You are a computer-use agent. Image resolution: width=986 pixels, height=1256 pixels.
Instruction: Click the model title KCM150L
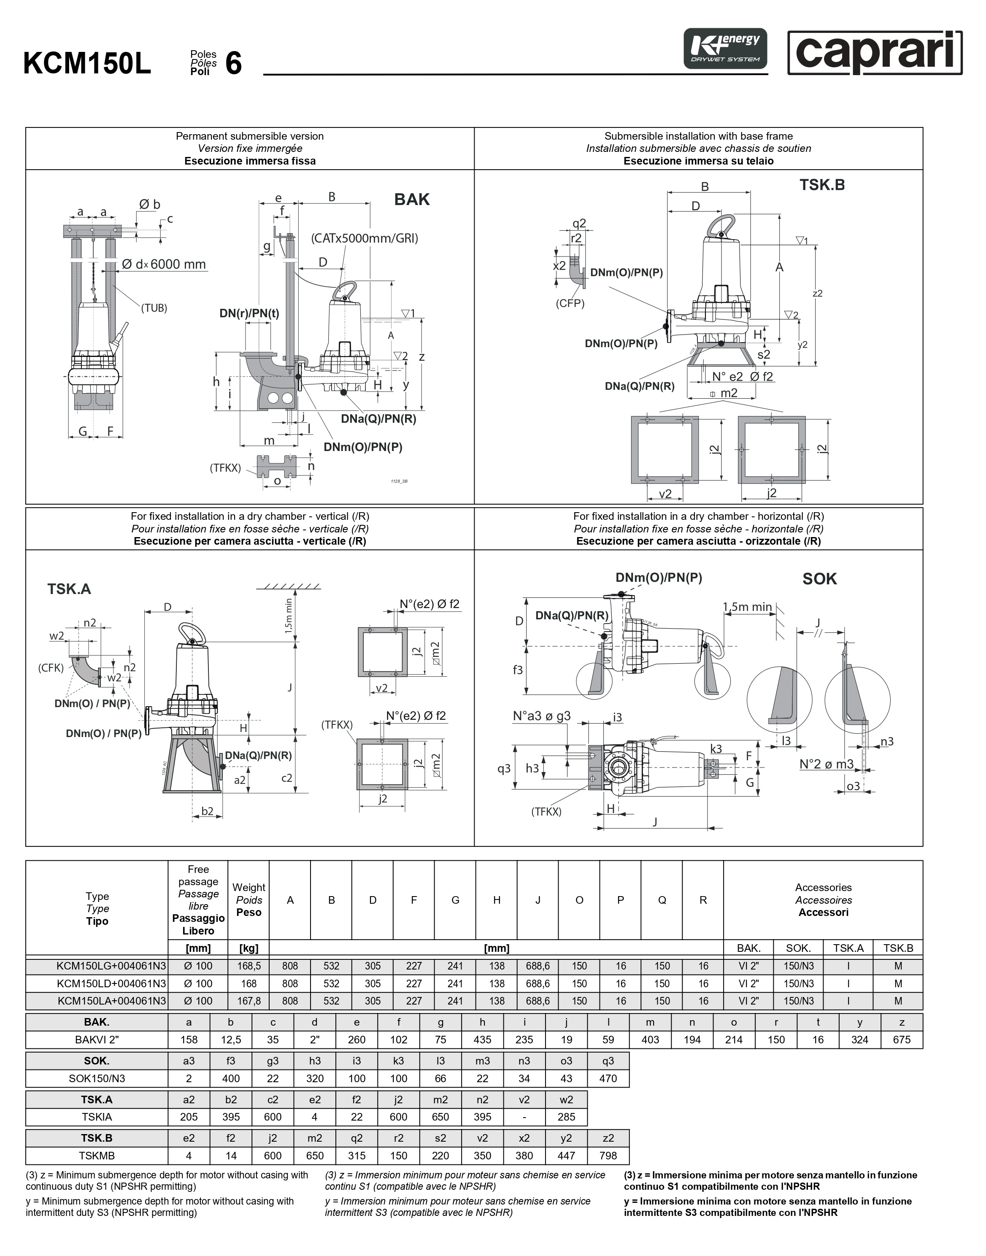point(87,63)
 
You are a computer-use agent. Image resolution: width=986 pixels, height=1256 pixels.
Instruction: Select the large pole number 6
point(233,63)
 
